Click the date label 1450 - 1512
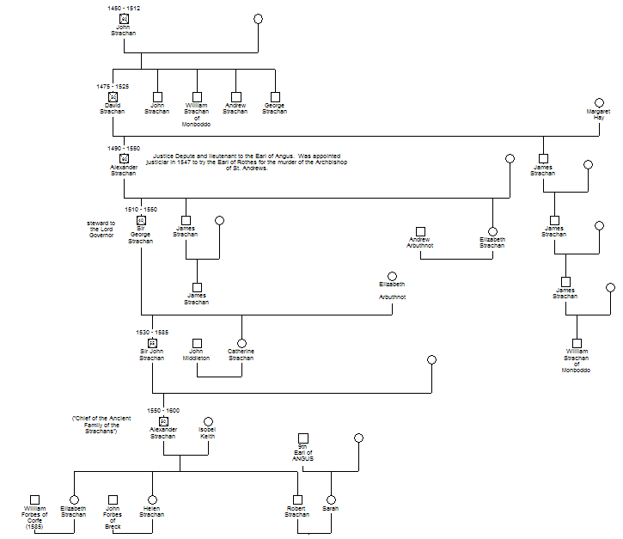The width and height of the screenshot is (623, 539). pos(124,8)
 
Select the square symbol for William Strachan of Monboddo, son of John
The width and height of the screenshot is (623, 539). pos(197,97)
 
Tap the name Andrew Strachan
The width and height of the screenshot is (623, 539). pos(235,108)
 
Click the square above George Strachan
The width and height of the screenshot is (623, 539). pos(274,97)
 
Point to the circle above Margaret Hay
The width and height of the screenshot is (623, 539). pos(599,102)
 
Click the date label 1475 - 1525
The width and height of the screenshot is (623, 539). pos(113,86)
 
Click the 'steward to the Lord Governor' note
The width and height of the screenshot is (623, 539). pos(101,229)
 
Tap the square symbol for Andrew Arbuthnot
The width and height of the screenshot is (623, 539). pos(420,231)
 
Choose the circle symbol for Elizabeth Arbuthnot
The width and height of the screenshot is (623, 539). pos(392,276)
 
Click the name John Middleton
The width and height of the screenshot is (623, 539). pos(197,354)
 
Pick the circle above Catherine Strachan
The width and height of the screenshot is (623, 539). pos(241,343)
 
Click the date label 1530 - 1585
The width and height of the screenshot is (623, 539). pos(152,332)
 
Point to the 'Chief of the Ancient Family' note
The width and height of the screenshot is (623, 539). pos(101,424)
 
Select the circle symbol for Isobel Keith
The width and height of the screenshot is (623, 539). pos(207,422)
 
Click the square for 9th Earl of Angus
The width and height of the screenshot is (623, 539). pos(302,438)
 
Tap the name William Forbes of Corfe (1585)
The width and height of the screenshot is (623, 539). pos(35,518)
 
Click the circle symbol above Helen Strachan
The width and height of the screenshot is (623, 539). pos(152,499)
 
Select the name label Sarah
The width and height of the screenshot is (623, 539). pos(330,509)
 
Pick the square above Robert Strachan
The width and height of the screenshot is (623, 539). pos(297,499)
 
